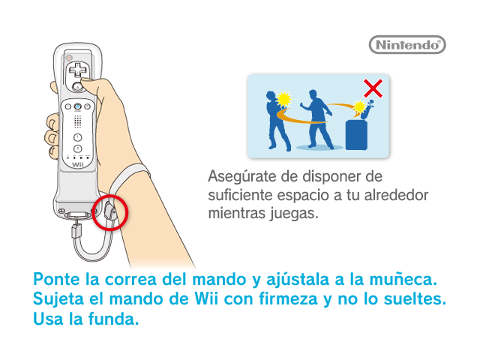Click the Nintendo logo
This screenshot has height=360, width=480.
click(x=407, y=45)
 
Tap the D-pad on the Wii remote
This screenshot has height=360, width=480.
click(x=78, y=70)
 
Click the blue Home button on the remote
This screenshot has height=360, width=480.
click(x=78, y=106)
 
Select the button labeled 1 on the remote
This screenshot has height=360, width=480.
click(x=78, y=137)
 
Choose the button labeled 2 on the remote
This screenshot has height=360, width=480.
click(x=78, y=148)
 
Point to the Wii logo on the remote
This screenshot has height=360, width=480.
click(x=78, y=165)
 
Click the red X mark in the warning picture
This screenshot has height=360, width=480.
click(x=373, y=88)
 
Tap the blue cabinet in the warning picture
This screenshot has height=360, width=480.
click(x=356, y=135)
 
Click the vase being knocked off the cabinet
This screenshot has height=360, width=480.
click(x=367, y=110)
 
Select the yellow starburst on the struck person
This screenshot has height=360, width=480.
click(x=283, y=99)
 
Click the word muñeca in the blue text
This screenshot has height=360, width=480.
click(x=403, y=279)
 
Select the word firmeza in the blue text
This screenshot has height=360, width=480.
click(x=288, y=298)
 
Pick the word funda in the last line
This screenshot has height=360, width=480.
click(x=113, y=319)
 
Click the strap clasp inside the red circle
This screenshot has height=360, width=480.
click(x=110, y=211)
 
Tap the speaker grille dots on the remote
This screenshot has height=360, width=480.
click(x=78, y=121)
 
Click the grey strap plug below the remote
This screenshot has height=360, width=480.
click(x=76, y=231)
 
